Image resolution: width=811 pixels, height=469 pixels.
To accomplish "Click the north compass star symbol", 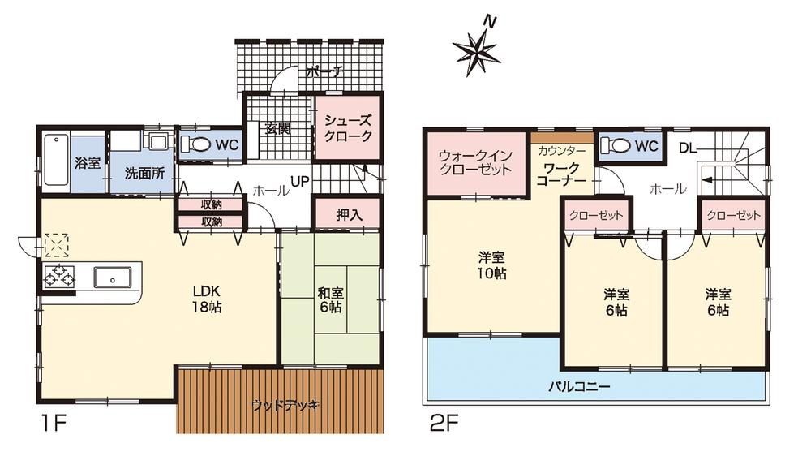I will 479,50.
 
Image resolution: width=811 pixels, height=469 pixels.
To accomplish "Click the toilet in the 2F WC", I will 618,146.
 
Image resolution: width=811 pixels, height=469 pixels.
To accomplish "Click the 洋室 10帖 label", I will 492,266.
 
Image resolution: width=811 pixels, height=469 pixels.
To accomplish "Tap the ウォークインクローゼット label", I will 475,162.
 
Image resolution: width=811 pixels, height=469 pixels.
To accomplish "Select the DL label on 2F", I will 686,148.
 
